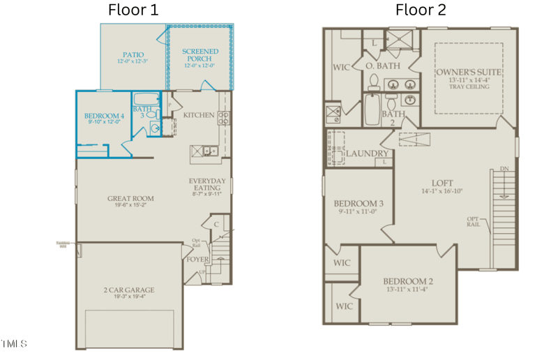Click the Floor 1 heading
pos(133,10)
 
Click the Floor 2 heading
pos(421,10)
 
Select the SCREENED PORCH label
pos(200,55)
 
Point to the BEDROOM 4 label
pos(105,116)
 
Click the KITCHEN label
pos(199,115)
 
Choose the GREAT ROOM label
pos(130,199)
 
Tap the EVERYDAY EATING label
pos(207,186)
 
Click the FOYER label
pos(197,260)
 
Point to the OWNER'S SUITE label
pos(469,73)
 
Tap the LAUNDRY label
pos(367,153)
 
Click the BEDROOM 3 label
pos(359,204)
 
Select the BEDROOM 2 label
pos(408,281)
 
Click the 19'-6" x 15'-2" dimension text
pos(130,207)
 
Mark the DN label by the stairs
pos(504,169)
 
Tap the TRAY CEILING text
pos(469,87)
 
